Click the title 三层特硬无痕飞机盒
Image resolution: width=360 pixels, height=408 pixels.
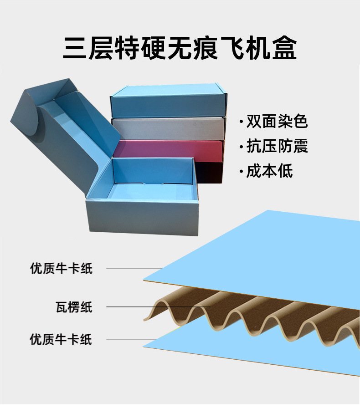pyautogui.click(x=180, y=49)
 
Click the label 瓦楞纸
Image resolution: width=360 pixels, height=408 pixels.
pyautogui.click(x=74, y=307)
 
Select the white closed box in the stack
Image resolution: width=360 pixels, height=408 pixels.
pyautogui.click(x=169, y=129)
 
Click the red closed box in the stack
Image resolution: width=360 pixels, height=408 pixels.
pyautogui.click(x=169, y=149)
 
